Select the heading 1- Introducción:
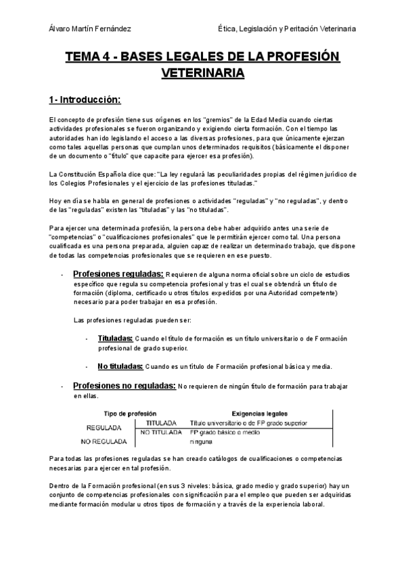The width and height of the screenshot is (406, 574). pos(84,100)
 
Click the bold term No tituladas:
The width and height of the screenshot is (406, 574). pos(119,366)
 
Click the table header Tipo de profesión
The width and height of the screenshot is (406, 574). pos(130,413)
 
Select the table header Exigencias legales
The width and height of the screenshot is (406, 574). pos(260,413)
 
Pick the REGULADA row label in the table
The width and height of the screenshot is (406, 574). pos(103,428)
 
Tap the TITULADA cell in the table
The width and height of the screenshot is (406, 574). pos(161,422)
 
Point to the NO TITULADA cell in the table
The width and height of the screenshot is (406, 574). pos(161,432)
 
